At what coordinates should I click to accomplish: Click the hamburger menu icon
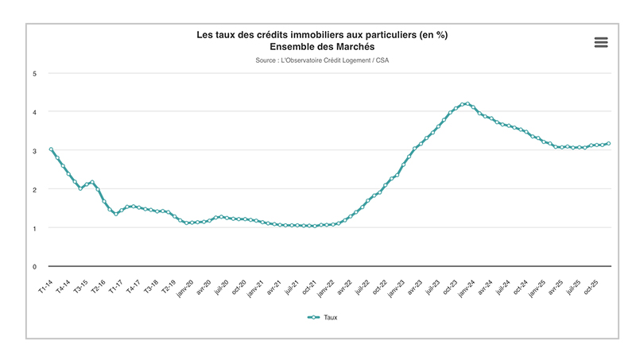tap(601, 43)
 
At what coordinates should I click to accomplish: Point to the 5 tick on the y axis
tap(34, 74)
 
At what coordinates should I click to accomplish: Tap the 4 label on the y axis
tap(34, 112)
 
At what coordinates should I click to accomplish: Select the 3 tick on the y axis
tap(34, 151)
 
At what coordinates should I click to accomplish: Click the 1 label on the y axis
tap(34, 228)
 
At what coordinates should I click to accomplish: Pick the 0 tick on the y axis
tap(34, 267)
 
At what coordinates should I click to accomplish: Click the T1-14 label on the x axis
tap(45, 286)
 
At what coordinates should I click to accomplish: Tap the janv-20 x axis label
tap(184, 288)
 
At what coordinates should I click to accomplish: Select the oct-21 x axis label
tap(307, 287)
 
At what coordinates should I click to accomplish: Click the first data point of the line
tap(51, 149)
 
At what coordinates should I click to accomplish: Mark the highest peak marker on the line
tap(467, 104)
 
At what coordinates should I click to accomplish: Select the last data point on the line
tap(609, 144)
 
